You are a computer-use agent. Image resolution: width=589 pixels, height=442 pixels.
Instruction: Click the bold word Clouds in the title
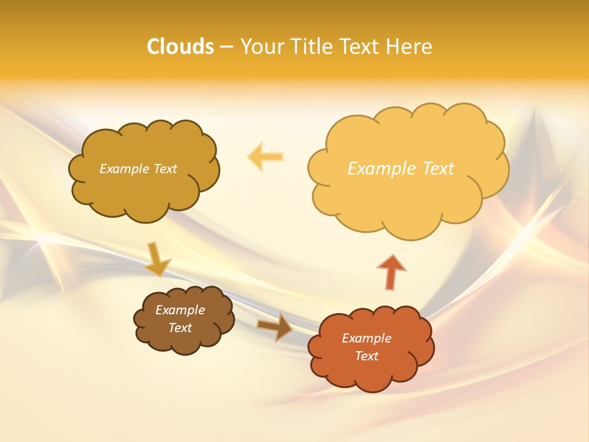tap(180, 47)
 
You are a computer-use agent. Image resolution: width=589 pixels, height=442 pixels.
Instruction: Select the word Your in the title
tap(261, 47)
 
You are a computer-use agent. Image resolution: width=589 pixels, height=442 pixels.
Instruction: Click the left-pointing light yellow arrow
tap(266, 157)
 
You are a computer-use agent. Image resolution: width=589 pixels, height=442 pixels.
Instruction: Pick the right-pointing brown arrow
tap(275, 327)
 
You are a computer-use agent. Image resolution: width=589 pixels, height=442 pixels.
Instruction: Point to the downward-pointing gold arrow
tap(157, 259)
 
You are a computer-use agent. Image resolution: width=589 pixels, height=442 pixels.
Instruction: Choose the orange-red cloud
tap(371, 368)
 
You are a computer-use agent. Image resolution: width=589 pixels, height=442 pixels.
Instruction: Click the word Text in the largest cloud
tap(438, 169)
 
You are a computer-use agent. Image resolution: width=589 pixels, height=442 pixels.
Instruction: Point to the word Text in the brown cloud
tap(180, 328)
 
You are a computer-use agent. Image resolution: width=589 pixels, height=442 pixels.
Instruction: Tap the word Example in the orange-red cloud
tap(366, 338)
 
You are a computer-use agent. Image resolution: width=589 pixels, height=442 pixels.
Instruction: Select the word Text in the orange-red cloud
tap(366, 356)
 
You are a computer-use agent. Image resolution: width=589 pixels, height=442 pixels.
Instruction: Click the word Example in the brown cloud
tap(180, 310)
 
